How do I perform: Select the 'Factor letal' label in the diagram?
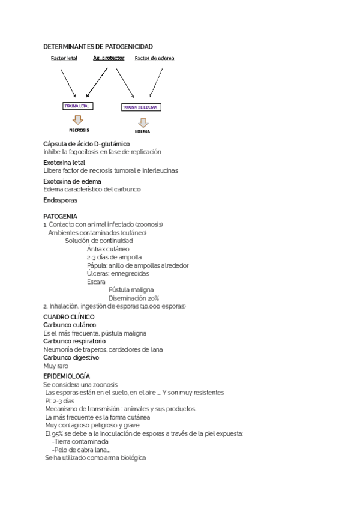click(64, 58)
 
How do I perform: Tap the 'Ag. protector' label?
click(109, 58)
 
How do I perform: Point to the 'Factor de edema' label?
click(155, 58)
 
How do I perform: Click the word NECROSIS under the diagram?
click(79, 130)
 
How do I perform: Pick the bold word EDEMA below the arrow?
click(142, 131)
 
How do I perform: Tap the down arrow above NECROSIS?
click(79, 119)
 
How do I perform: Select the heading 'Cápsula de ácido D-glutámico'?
click(86, 144)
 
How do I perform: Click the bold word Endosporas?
click(61, 200)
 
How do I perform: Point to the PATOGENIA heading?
click(60, 216)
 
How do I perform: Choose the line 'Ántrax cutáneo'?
click(107, 248)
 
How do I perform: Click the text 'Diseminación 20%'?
click(134, 298)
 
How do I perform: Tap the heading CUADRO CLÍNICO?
click(69, 316)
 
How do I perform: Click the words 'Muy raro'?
click(56, 366)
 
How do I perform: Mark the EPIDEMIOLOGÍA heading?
click(67, 375)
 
